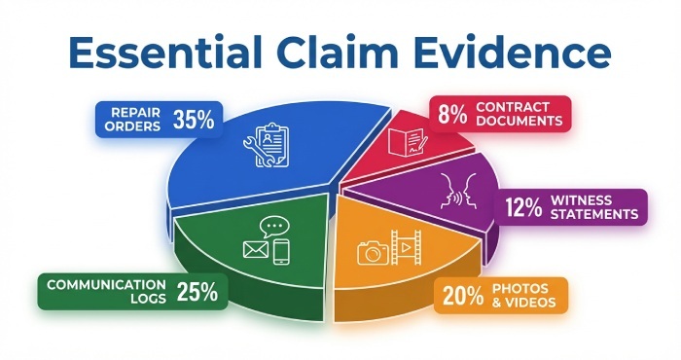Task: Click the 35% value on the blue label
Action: [194, 121]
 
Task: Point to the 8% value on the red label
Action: [450, 114]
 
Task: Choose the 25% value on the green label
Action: [197, 290]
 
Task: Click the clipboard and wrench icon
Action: [265, 146]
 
